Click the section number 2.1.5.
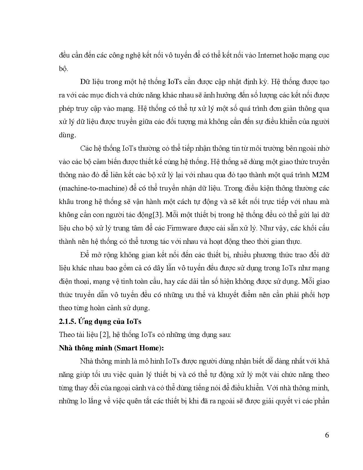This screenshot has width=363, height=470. tap(68, 321)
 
